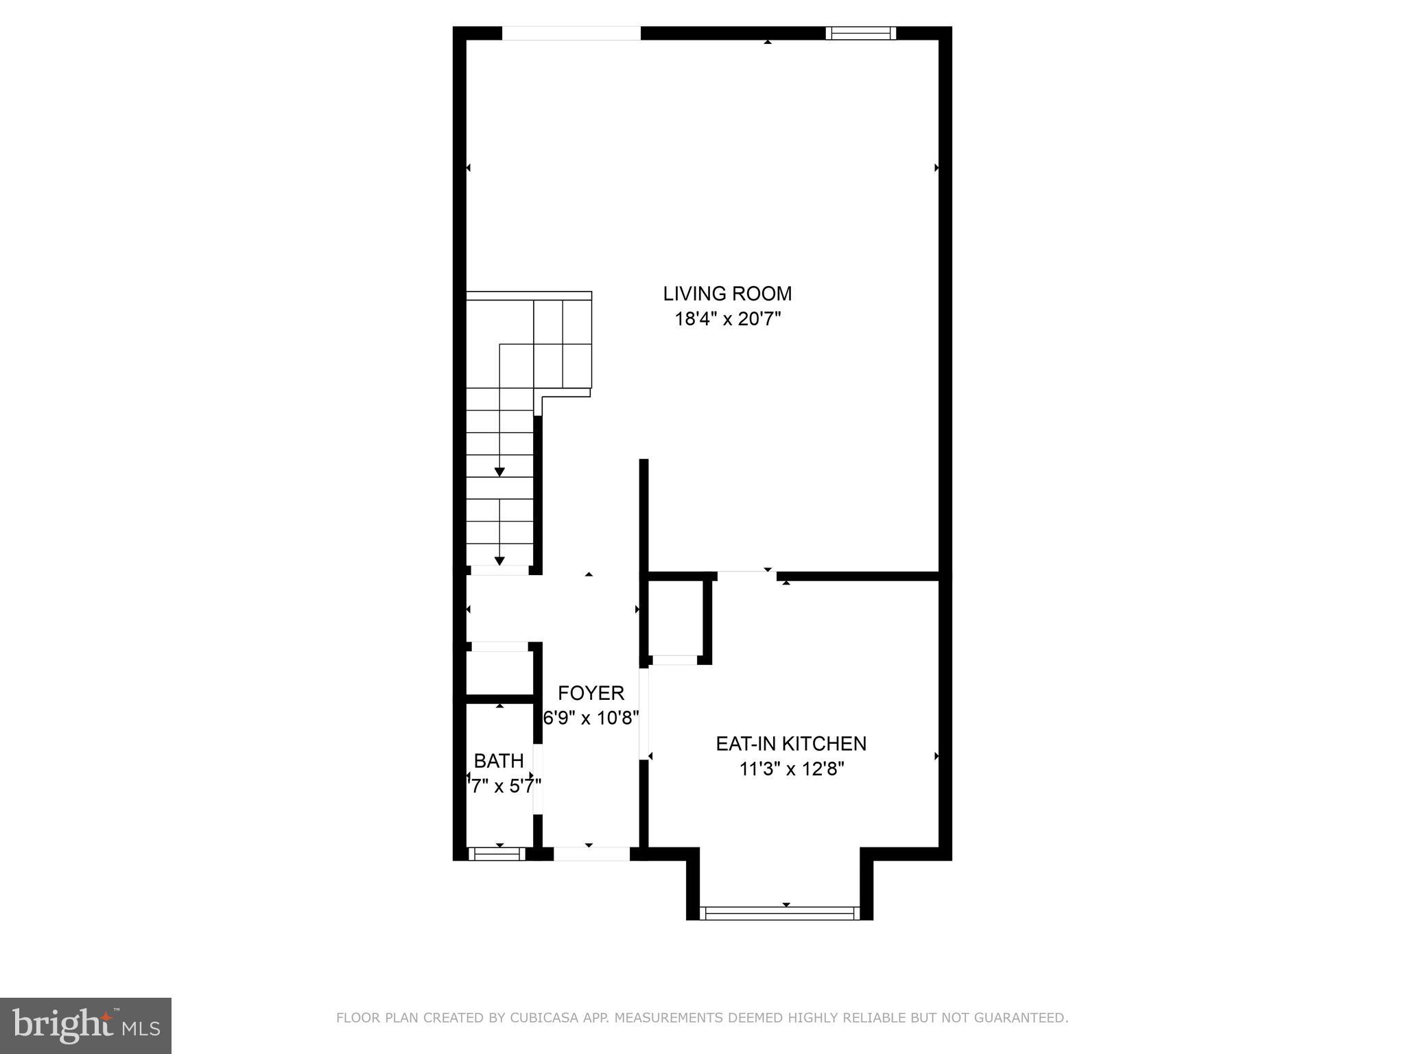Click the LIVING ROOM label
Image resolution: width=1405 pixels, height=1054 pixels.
tap(727, 294)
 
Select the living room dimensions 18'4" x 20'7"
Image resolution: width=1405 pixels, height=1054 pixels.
tap(728, 319)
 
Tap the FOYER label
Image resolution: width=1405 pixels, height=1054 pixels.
tap(591, 692)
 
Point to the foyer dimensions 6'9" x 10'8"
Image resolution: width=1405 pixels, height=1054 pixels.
tap(591, 718)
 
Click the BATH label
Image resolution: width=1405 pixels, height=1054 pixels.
tap(499, 760)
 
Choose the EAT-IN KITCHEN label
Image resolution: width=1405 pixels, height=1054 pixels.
tap(791, 743)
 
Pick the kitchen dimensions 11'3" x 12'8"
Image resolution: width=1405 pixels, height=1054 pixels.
tap(791, 769)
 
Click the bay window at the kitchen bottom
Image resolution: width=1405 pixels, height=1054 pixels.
tap(779, 913)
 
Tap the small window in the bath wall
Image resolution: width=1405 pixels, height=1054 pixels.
tap(497, 854)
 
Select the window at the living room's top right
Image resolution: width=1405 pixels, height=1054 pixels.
tap(860, 33)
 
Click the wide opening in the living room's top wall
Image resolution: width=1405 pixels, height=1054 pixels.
tap(571, 33)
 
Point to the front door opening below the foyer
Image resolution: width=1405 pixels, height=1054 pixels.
tap(591, 854)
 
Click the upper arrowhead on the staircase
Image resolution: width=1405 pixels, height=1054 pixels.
tap(499, 472)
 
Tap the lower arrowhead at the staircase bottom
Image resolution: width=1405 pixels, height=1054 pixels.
tap(499, 561)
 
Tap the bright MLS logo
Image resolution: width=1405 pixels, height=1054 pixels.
tap(85, 1025)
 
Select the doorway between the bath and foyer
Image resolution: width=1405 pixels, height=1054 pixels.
tap(538, 780)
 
